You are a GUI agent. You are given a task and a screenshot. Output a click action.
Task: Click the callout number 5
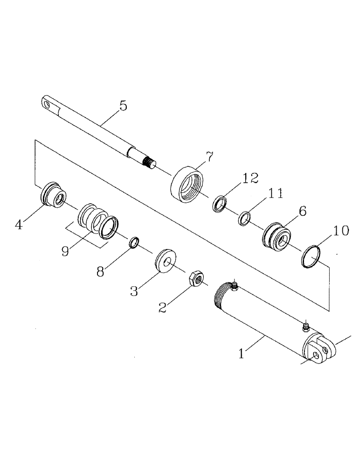(x=123, y=106)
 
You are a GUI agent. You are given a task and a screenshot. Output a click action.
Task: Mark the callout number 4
(x=19, y=225)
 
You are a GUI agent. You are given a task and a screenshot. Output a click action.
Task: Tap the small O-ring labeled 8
(x=133, y=242)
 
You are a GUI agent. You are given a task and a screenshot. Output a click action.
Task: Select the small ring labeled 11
(x=244, y=217)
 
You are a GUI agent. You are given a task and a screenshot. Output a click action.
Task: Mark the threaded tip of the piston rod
(x=148, y=163)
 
